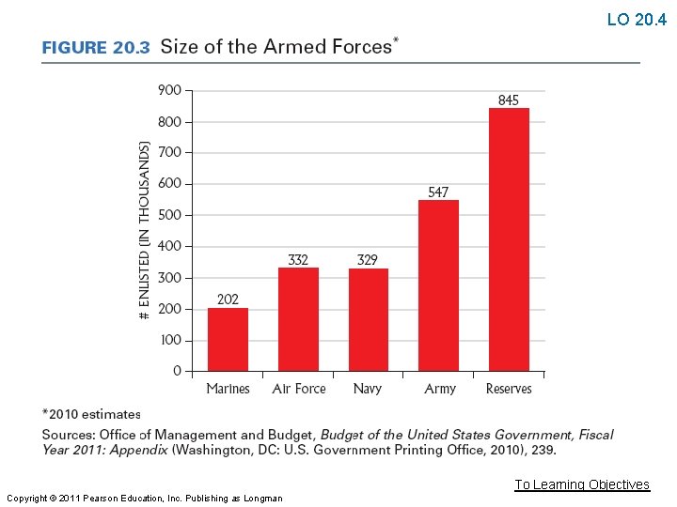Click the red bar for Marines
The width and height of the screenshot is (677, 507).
pyautogui.click(x=228, y=340)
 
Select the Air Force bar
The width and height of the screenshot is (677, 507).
pyautogui.click(x=298, y=319)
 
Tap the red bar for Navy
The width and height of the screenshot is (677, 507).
pyautogui.click(x=368, y=320)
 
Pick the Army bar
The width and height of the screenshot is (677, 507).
pyautogui.click(x=438, y=285)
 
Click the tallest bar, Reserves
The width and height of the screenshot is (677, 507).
pyautogui.click(x=509, y=239)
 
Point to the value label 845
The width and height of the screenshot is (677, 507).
pyautogui.click(x=508, y=100)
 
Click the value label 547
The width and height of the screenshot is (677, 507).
pyautogui.click(x=438, y=192)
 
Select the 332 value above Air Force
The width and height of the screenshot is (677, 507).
pyautogui.click(x=298, y=260)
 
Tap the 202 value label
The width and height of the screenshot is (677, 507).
pyautogui.click(x=228, y=300)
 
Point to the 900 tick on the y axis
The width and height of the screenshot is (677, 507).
pyautogui.click(x=169, y=90)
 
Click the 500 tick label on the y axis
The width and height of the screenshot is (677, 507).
pyautogui.click(x=169, y=215)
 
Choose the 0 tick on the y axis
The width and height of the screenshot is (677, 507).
pyautogui.click(x=177, y=372)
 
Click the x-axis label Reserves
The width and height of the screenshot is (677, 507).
pyautogui.click(x=509, y=389)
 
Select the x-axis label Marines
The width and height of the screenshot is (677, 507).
pyautogui.click(x=228, y=389)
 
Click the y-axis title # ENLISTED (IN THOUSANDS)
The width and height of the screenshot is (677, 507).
pyautogui.click(x=144, y=231)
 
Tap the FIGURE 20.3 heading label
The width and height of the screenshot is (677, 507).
pyautogui.click(x=96, y=48)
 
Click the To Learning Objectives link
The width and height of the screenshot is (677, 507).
pyautogui.click(x=582, y=484)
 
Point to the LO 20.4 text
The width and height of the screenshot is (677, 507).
pyautogui.click(x=637, y=20)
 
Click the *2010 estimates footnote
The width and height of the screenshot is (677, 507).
pyautogui.click(x=91, y=413)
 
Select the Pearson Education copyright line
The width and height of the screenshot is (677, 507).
pyautogui.click(x=144, y=498)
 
